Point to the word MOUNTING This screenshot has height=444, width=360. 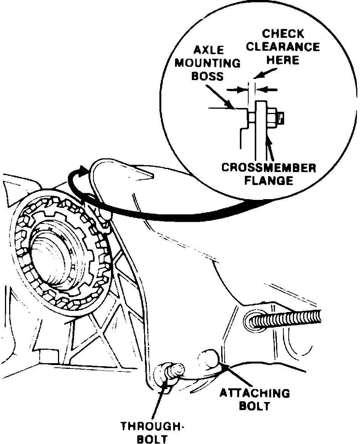(208, 63)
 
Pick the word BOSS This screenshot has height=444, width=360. (207, 76)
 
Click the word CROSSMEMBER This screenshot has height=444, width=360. (268, 168)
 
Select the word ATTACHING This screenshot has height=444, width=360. (254, 393)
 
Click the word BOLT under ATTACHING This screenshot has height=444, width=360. (254, 406)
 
